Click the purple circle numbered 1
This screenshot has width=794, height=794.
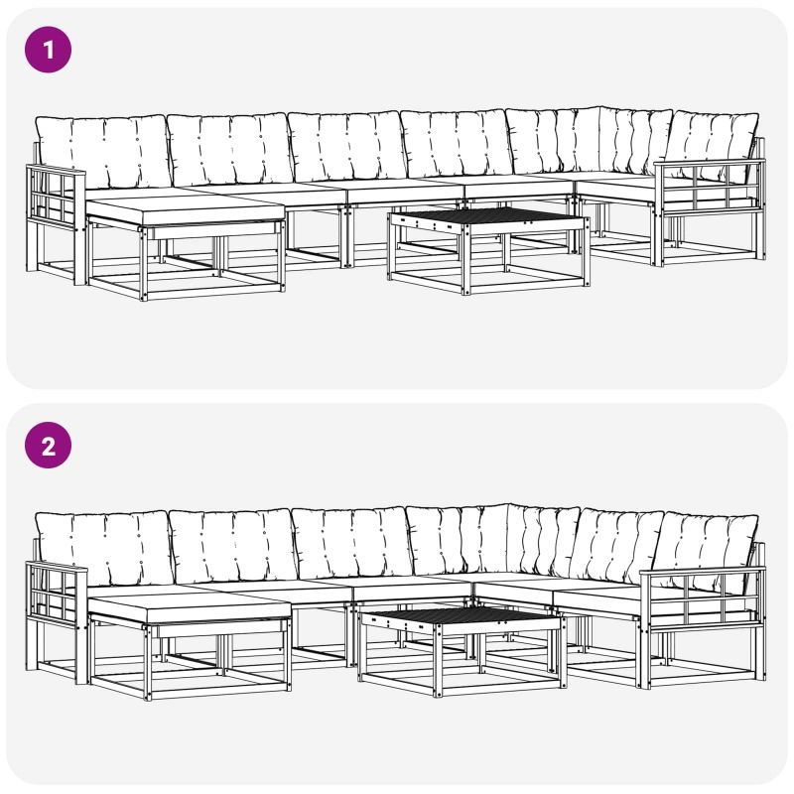[48, 50]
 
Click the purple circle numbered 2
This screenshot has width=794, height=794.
[48, 445]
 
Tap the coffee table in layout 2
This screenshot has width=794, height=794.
[462, 651]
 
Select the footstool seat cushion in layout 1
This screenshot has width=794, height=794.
[186, 211]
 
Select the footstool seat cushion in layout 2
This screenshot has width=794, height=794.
[189, 610]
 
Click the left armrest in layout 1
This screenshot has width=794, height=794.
[56, 222]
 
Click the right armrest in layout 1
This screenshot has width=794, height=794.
[709, 211]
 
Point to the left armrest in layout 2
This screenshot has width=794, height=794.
[57, 621]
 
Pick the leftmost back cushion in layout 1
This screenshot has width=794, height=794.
[103, 151]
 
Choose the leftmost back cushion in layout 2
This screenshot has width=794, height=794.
[104, 549]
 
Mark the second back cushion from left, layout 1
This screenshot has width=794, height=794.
[231, 150]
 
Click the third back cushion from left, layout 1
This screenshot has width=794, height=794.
[347, 147]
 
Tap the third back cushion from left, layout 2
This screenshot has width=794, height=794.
[352, 544]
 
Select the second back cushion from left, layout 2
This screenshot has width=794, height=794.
[234, 547]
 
